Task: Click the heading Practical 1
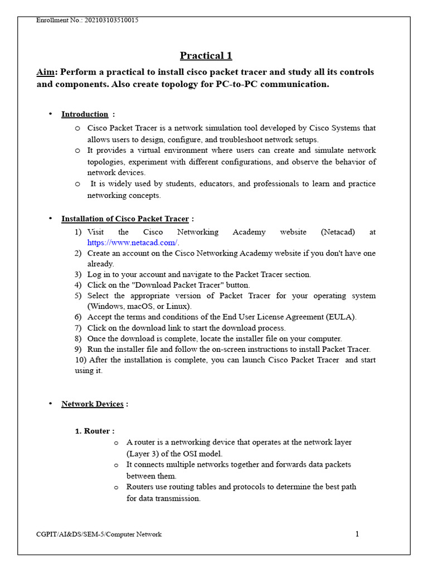point(206,55)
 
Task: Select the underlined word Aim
point(46,72)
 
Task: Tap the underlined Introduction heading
point(85,114)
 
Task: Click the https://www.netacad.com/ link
point(132,243)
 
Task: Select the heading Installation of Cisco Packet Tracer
point(125,219)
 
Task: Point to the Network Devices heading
point(92,404)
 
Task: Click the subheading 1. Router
point(95,431)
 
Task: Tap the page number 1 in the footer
point(357,534)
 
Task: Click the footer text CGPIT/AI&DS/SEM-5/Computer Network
point(99,535)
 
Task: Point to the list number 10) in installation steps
point(81,360)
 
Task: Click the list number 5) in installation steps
point(78,296)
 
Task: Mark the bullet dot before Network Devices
point(50,403)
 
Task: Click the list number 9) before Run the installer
point(78,349)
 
